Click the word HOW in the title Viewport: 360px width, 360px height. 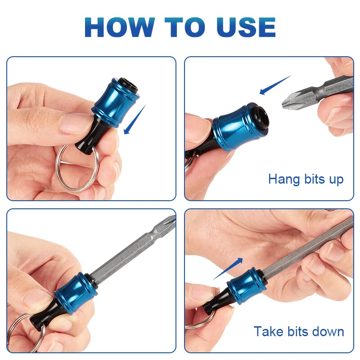[x=120, y=27]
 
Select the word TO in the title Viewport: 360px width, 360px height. [x=185, y=27]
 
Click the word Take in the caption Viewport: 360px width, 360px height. [x=268, y=331]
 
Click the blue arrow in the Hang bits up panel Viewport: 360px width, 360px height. [x=275, y=85]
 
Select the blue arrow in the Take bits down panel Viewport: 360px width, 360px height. [x=228, y=269]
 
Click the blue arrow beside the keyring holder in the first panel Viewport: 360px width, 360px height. [x=135, y=119]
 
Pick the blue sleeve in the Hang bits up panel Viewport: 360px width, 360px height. [x=239, y=127]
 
